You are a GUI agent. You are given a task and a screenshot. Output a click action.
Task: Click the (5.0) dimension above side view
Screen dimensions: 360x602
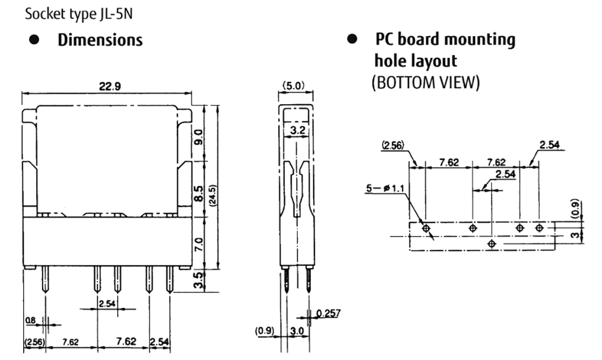(x=294, y=86)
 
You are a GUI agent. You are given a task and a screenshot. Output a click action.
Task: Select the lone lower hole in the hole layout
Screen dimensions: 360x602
(x=492, y=243)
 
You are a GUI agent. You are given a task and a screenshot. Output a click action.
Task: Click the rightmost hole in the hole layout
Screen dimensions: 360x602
(x=539, y=228)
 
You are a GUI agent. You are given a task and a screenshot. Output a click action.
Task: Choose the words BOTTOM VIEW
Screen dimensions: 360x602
(x=431, y=83)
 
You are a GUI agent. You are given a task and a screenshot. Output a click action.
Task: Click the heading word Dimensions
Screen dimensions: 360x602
(x=100, y=41)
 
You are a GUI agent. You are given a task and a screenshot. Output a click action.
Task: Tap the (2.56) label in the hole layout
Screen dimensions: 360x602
(x=392, y=144)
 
